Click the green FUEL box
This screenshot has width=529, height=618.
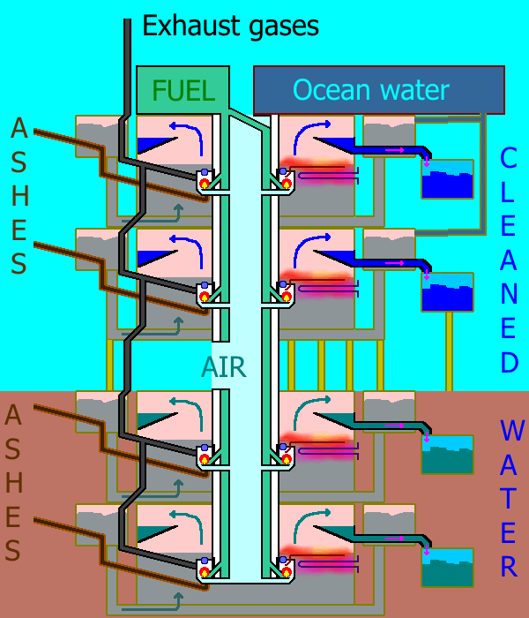(x=183, y=89)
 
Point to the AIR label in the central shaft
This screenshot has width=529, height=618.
(x=223, y=366)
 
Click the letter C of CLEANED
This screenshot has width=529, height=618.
(x=509, y=159)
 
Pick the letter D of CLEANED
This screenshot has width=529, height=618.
(x=509, y=362)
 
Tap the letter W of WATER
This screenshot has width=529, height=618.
(x=510, y=431)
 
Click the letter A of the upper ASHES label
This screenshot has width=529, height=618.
(x=19, y=130)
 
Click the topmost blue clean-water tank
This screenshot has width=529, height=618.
(x=447, y=179)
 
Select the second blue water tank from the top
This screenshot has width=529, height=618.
(x=447, y=292)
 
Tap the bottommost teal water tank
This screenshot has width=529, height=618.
(x=447, y=568)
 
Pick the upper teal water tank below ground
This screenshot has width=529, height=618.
(x=447, y=455)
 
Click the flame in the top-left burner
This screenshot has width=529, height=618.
(x=205, y=184)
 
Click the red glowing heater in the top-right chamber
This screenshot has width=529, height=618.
(x=317, y=167)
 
